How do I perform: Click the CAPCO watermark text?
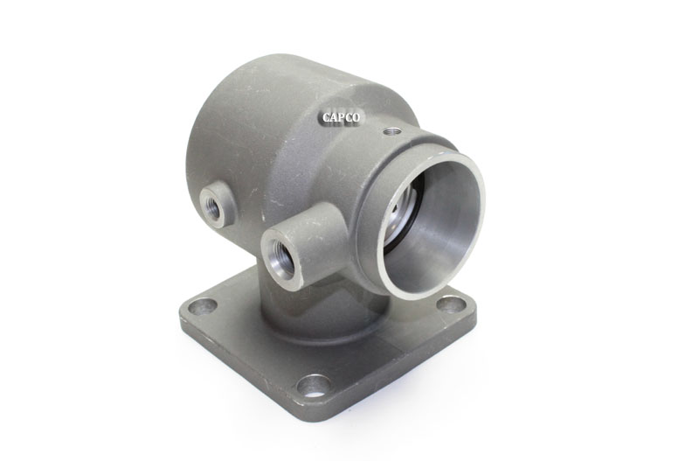341,118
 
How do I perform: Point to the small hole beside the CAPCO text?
392,131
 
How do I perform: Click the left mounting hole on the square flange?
202,306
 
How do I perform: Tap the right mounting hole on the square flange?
451,304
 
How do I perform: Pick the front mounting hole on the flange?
314,386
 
